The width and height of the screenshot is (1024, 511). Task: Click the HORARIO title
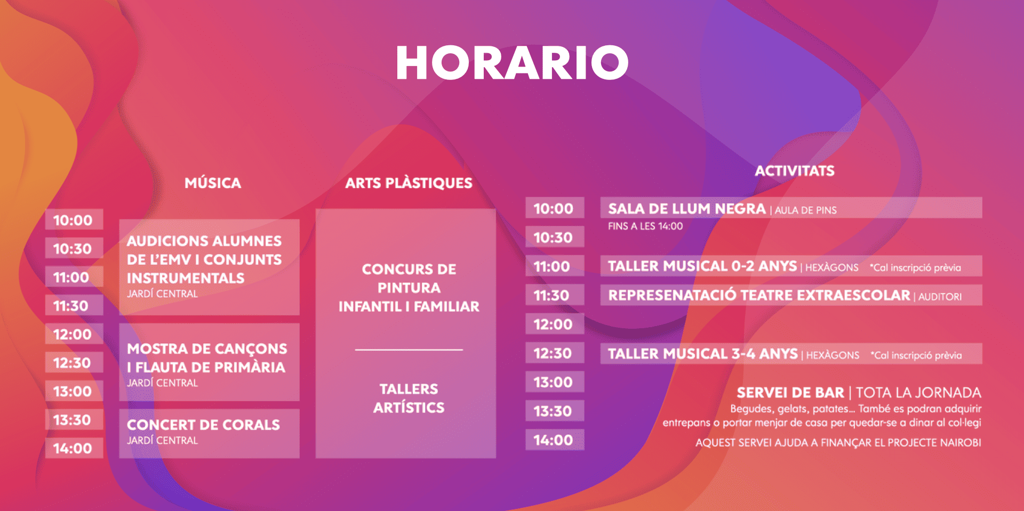tap(512, 62)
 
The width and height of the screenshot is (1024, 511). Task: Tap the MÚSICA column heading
tap(213, 183)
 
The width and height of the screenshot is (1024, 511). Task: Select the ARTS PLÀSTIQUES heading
tap(409, 183)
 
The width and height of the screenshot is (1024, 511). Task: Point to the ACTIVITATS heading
tap(795, 171)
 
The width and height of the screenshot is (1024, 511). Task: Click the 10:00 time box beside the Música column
tap(74, 220)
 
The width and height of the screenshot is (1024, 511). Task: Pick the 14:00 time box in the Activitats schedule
tap(555, 440)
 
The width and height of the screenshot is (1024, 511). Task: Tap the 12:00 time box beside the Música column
tap(74, 334)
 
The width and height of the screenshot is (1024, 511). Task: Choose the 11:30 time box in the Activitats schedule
tap(555, 295)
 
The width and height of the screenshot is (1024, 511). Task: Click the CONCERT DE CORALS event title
tap(203, 425)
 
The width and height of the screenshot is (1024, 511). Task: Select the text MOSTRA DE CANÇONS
tap(207, 348)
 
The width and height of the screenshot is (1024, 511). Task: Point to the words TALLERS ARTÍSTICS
tap(409, 398)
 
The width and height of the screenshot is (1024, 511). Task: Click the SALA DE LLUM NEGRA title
tap(687, 208)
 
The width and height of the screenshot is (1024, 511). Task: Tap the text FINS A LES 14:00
tap(645, 226)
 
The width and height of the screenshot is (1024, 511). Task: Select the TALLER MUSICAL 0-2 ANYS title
tap(702, 266)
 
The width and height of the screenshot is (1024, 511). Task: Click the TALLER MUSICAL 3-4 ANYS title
tap(703, 354)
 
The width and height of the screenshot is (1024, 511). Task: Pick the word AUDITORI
tap(940, 297)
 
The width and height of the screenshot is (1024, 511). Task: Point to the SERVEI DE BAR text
tap(790, 393)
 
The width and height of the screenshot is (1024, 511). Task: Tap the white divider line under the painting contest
tap(409, 350)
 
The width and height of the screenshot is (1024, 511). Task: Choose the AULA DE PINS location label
tap(806, 210)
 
